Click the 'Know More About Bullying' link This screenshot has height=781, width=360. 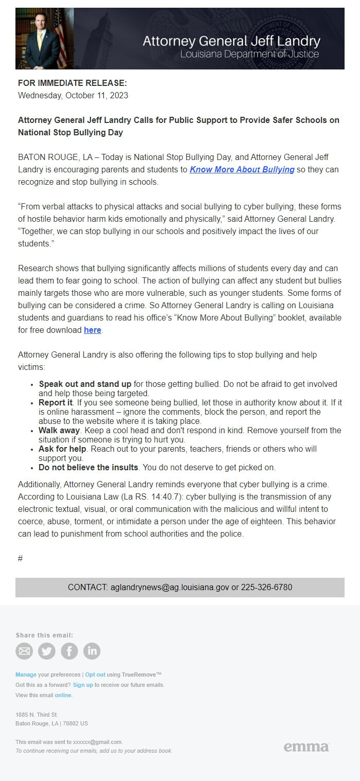pos(242,170)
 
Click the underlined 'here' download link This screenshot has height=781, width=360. pos(93,330)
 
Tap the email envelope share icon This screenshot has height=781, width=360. pos(24,651)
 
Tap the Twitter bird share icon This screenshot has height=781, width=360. pos(47,651)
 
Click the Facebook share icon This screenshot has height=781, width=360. pos(69,651)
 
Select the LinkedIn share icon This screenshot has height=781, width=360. pos(92,651)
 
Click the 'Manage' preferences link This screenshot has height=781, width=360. pos(26,674)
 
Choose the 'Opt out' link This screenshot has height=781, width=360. pos(95,674)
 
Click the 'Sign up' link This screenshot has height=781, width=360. pos(83,685)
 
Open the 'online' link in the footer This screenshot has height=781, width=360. pos(63,695)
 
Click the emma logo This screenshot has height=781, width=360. pos(306,747)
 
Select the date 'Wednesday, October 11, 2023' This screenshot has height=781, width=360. pos(73,95)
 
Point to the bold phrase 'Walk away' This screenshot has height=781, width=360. pos(59,430)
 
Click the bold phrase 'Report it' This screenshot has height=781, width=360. pos(56,402)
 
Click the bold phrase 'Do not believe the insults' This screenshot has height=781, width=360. pos(88,468)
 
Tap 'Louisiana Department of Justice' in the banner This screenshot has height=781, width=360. pos(249,54)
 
